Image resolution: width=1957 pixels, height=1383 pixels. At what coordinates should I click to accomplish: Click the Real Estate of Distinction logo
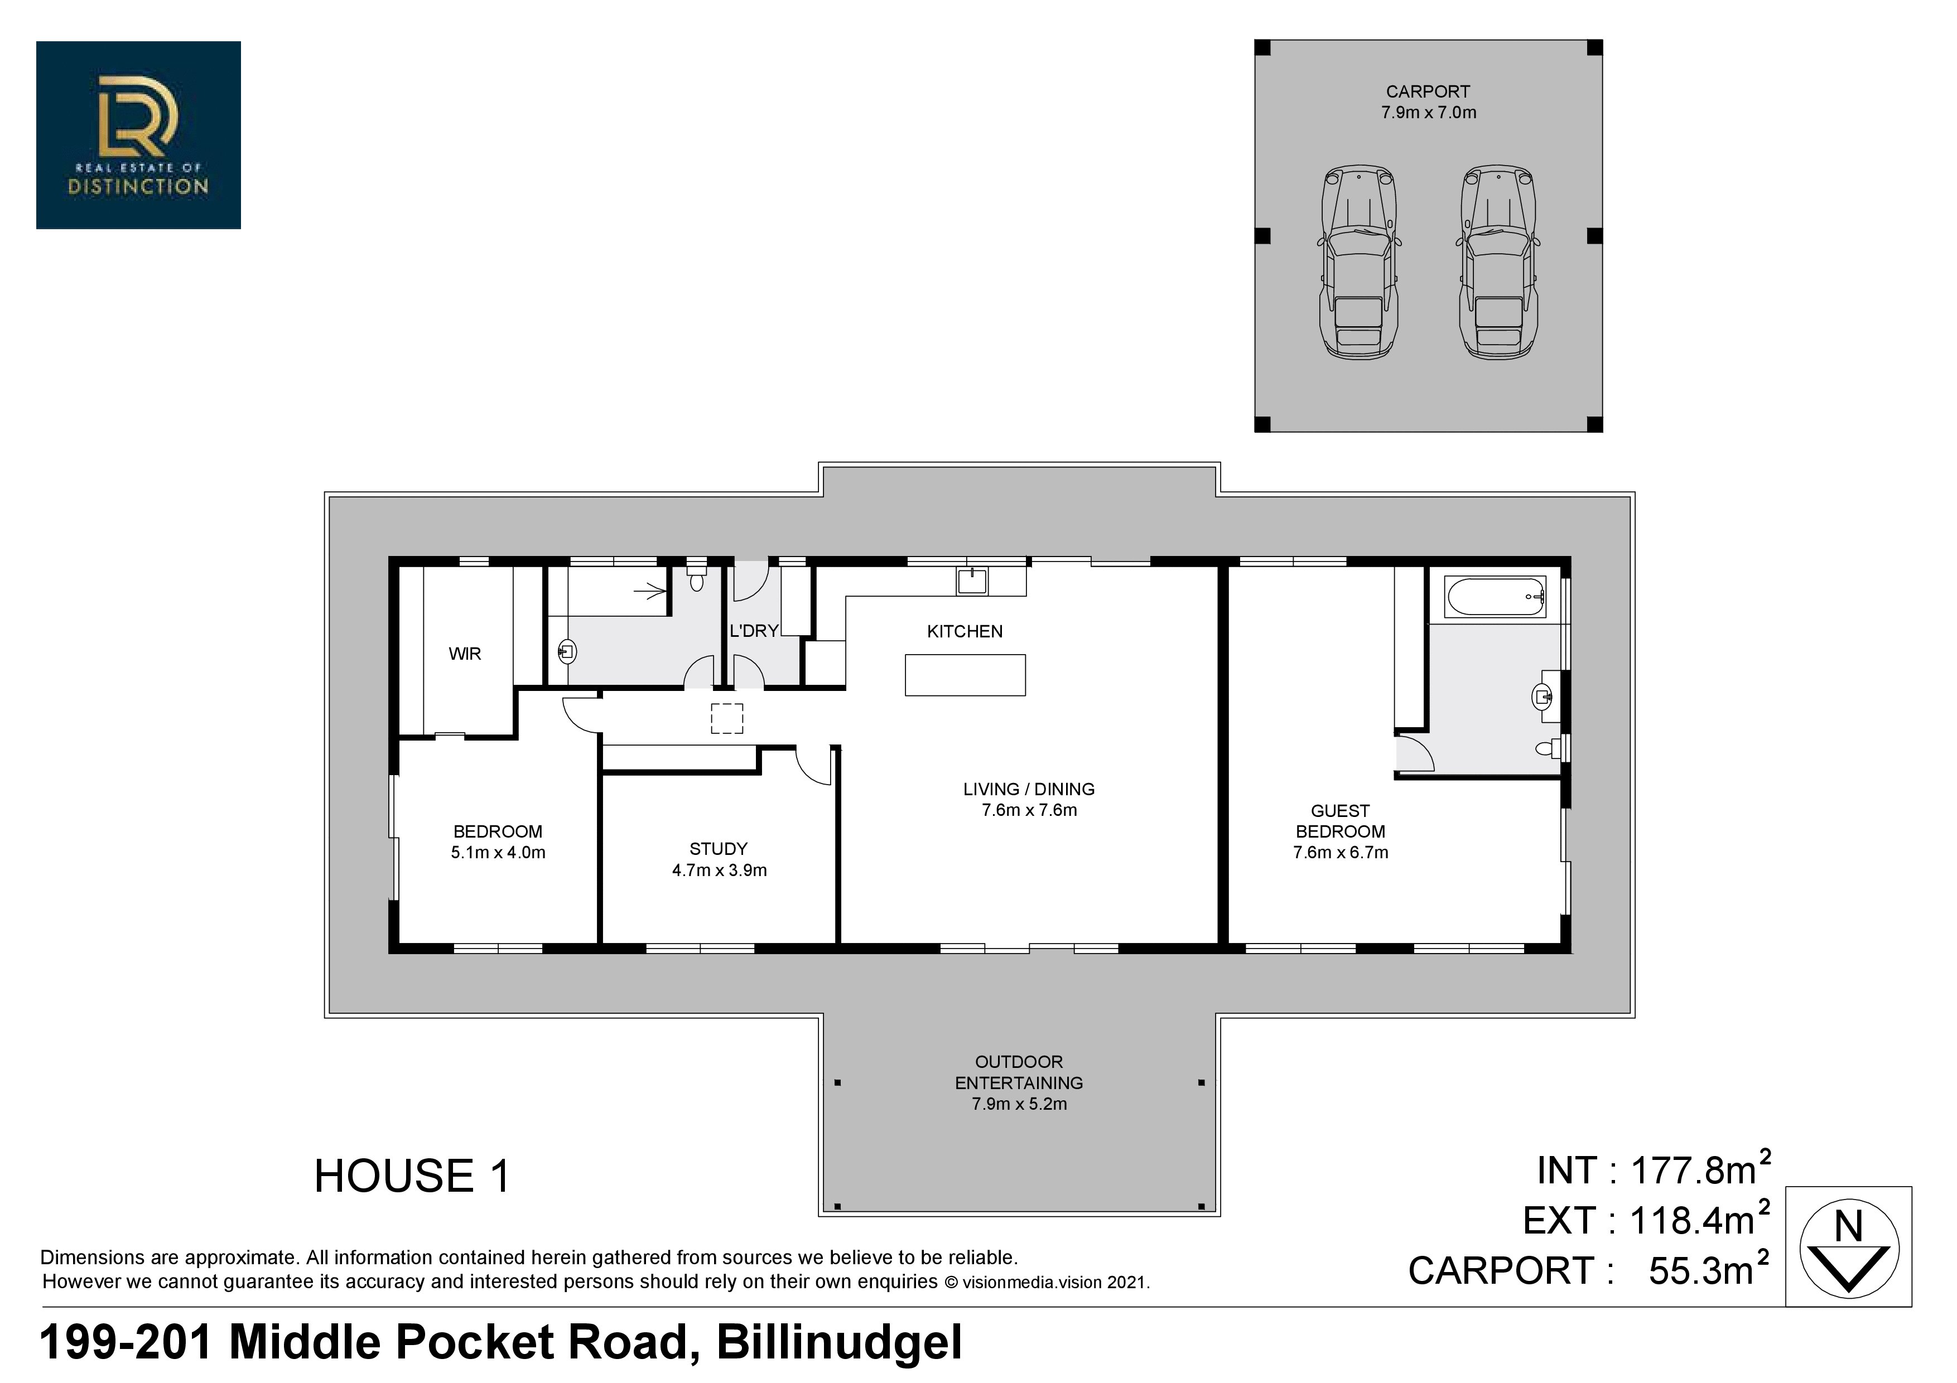(138, 134)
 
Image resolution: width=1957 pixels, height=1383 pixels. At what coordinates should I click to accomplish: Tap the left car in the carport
(1360, 263)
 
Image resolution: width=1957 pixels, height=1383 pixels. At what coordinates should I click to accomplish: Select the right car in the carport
(1498, 263)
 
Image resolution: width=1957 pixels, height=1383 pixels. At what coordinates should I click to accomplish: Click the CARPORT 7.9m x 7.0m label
(1429, 101)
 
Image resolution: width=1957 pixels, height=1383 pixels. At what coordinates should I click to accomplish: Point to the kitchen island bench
(965, 675)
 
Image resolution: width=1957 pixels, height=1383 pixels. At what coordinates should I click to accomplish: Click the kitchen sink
(972, 581)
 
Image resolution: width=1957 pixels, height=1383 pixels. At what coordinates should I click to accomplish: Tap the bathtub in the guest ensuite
(1496, 597)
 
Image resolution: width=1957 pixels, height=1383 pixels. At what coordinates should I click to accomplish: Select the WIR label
(465, 654)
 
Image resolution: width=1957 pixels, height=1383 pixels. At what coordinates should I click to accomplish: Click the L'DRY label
(754, 631)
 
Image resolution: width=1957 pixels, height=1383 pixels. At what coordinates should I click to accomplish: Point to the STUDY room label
(719, 849)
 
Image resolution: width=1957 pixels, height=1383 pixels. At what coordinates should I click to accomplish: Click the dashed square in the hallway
(727, 718)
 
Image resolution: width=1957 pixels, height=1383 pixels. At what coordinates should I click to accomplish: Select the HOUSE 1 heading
(412, 1176)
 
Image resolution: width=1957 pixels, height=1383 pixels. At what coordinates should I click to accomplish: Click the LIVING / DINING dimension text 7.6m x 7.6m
(1030, 810)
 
